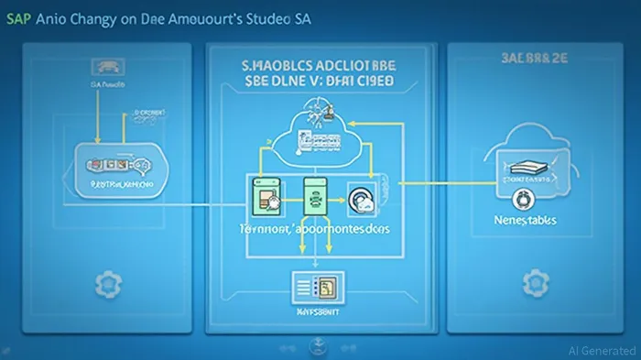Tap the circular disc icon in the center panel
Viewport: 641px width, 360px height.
coord(358,196)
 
